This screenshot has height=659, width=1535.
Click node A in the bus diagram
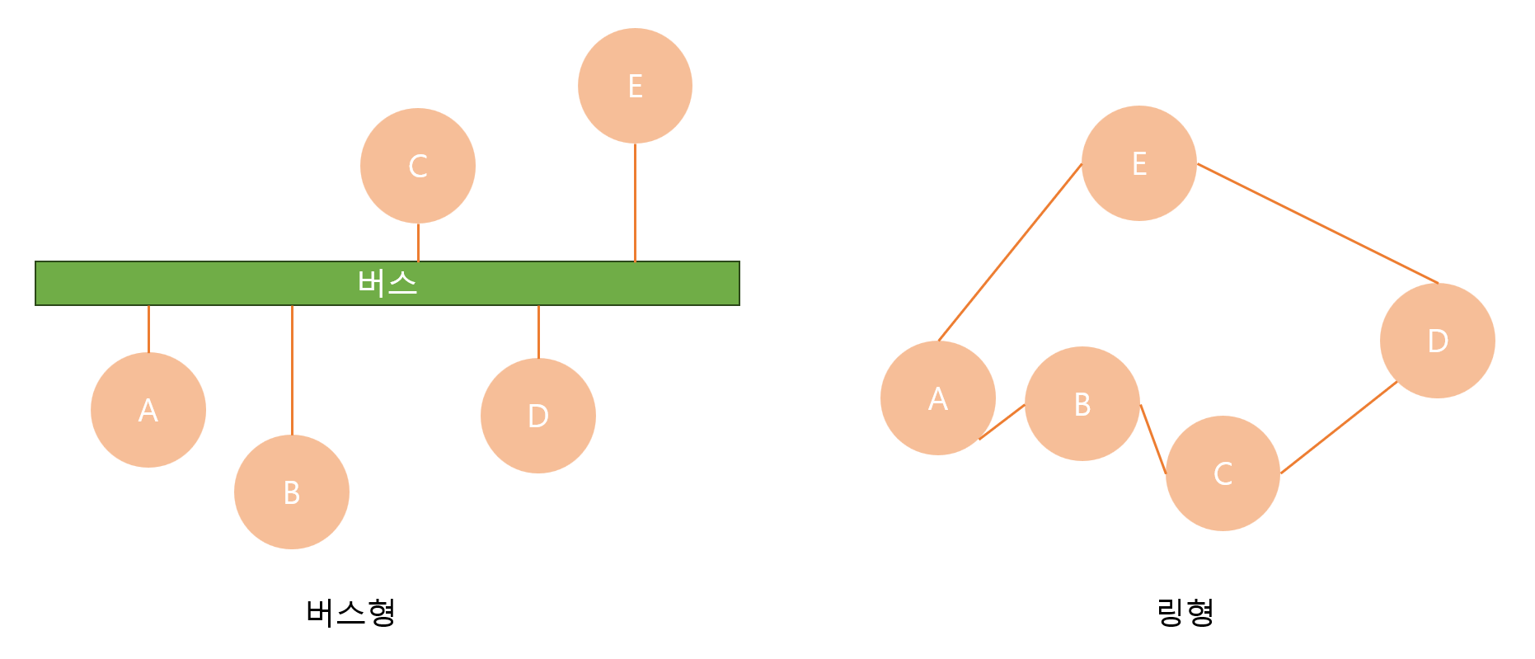pos(148,410)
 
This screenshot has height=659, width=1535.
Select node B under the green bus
pos(292,492)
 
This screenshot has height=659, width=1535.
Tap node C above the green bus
pos(418,166)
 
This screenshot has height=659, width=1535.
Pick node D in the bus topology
pos(538,416)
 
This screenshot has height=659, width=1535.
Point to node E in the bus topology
pos(635,86)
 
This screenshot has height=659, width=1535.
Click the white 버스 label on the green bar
pos(387,283)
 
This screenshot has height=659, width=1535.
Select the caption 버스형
pos(351,612)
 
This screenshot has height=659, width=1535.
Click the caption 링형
pos(1185,612)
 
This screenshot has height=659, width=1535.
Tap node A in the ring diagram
pos(938,398)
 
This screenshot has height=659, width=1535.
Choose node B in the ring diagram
pos(1082,404)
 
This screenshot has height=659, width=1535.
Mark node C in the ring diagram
pos(1223,473)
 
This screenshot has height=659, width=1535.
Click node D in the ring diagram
pos(1438,341)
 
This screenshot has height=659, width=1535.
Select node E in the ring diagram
pos(1139,163)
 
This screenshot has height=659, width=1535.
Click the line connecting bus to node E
pos(635,202)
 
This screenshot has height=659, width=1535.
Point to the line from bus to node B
pos(292,370)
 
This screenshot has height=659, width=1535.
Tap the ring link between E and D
pos(1317,224)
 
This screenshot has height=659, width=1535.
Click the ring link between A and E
pos(1010,252)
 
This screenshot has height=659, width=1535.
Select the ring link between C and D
pos(1339,427)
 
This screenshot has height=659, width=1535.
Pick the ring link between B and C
pos(1153,439)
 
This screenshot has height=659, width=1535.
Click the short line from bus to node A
pos(148,329)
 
